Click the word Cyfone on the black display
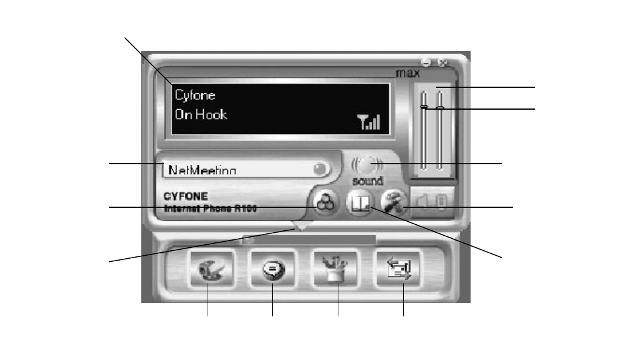195,95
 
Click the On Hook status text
201,115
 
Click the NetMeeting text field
237,169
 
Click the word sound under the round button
368,181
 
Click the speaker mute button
432,201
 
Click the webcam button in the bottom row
207,271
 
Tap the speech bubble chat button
272,271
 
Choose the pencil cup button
337,271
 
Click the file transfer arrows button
403,271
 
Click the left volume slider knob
425,108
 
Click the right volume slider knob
440,108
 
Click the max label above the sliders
408,73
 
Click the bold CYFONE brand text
186,197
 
